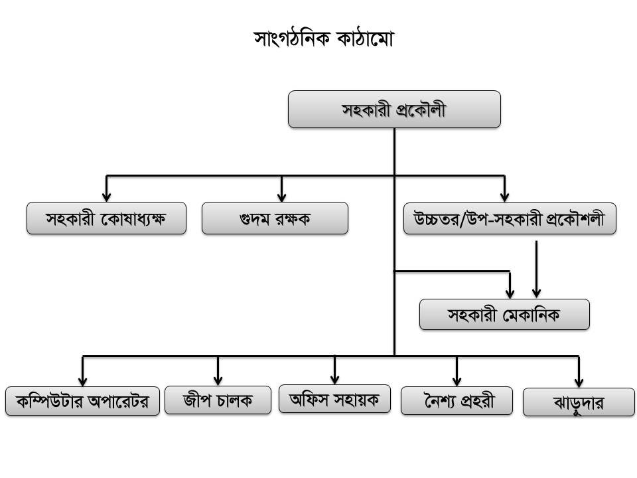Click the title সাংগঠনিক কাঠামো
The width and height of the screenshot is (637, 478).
[x=324, y=40]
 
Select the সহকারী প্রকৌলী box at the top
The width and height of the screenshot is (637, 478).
[x=394, y=110]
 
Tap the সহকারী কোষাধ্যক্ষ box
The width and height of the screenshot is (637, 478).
[x=106, y=218]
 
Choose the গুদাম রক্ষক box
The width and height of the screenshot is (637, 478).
[x=275, y=218]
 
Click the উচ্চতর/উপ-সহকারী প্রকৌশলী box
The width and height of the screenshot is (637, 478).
[x=510, y=218]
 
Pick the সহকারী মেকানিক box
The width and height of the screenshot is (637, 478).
[x=504, y=315]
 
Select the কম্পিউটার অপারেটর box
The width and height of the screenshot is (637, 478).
[x=83, y=401]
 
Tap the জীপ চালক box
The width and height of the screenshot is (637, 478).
[x=218, y=400]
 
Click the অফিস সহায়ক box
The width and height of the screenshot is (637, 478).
[x=334, y=399]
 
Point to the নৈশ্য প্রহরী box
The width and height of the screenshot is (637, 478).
[x=457, y=400]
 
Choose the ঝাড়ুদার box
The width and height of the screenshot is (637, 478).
[x=579, y=403]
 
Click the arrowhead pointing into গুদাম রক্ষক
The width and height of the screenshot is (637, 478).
[x=281, y=197]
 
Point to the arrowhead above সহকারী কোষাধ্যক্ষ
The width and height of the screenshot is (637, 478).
[x=107, y=197]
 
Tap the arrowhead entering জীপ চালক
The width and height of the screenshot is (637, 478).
[x=218, y=381]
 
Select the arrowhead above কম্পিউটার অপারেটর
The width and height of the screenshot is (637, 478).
[x=83, y=381]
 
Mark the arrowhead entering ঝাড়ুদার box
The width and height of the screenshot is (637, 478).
[x=579, y=383]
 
